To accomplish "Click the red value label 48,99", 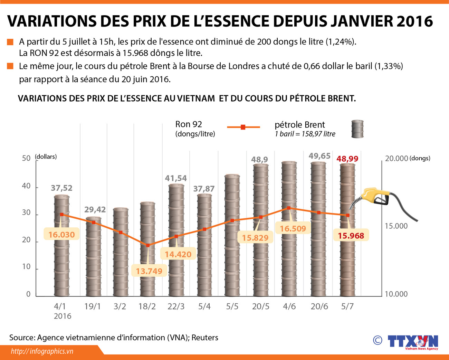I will (347, 159).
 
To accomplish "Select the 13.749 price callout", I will (149, 271).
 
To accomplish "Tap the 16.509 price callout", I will (293, 229).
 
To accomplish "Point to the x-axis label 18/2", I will (147, 307).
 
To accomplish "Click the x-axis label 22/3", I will (176, 307).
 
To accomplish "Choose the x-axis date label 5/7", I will (347, 307).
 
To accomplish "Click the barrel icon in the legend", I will (357, 129).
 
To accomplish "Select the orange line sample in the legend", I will (243, 127).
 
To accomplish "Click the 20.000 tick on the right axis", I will (397, 159).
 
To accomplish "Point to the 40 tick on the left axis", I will (26, 186).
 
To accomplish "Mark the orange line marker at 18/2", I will (148, 245).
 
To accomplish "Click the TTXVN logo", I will (413, 341).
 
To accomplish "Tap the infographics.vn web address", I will (42, 351).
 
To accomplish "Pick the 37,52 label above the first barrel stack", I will (61, 188).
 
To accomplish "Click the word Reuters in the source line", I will (205, 338).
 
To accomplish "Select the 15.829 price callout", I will (255, 238).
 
